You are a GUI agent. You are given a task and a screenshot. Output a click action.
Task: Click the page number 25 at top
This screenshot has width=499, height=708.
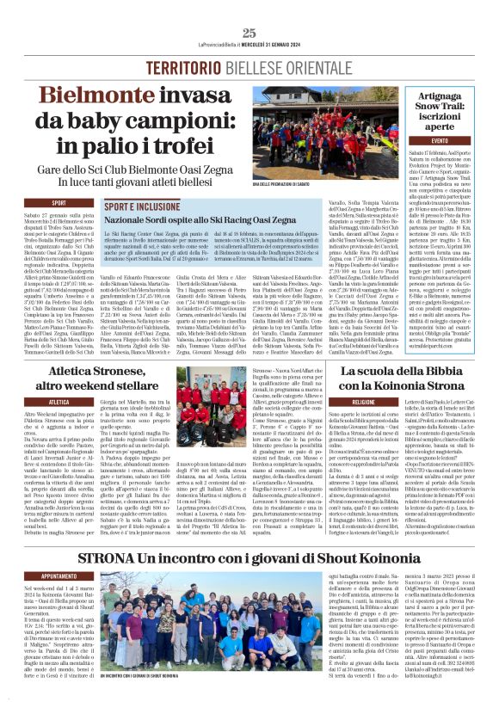pyautogui.click(x=249, y=33)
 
